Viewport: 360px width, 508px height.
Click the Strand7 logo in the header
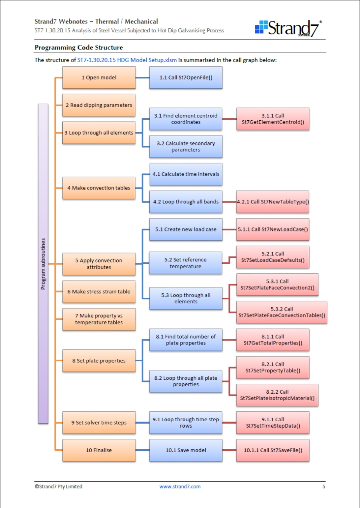[x=288, y=28]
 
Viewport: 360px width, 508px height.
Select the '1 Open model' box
[x=99, y=78]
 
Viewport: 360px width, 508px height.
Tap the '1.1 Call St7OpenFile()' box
[x=186, y=78]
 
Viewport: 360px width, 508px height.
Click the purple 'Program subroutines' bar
[x=43, y=263]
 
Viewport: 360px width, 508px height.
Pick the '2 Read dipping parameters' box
[x=99, y=105]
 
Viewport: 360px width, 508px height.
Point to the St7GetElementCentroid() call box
[x=273, y=119]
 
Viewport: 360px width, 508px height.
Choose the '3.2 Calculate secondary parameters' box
[x=186, y=147]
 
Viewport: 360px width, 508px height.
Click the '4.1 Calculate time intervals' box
[x=186, y=174]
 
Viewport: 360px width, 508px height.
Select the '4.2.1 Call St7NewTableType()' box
[x=273, y=202]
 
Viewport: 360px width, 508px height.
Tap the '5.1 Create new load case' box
[x=186, y=229]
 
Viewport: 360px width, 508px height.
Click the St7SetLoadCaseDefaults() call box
[x=273, y=257]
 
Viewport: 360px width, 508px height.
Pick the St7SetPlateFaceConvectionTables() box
[x=282, y=312]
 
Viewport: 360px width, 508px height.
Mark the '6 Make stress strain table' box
[x=99, y=292]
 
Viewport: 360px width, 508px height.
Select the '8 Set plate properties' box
[x=99, y=361]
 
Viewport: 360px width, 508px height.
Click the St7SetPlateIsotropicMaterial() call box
[x=277, y=395]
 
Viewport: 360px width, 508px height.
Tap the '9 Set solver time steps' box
[x=99, y=422]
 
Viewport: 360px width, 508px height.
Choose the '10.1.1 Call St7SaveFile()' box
[x=273, y=450]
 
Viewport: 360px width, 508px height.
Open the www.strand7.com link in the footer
[x=180, y=486]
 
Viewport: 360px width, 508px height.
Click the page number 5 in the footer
[x=324, y=486]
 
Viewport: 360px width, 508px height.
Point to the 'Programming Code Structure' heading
[x=79, y=48]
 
